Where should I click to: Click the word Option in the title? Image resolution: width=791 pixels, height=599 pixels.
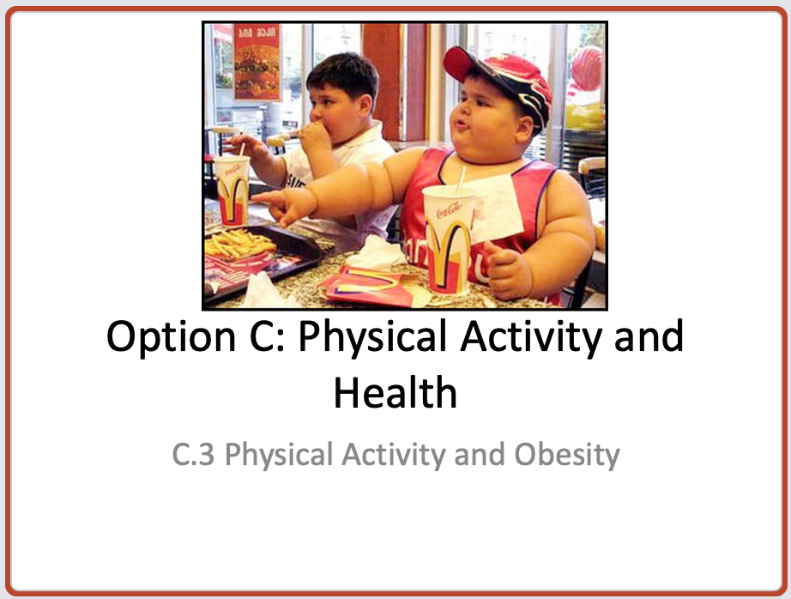[171, 337]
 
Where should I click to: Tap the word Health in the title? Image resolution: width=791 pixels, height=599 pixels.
[395, 392]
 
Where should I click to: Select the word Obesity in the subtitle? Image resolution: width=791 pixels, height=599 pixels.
[567, 456]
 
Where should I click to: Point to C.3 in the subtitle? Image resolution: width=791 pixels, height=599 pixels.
[193, 454]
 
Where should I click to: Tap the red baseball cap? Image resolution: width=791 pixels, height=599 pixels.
[499, 81]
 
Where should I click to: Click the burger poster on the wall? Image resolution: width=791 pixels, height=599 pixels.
[257, 62]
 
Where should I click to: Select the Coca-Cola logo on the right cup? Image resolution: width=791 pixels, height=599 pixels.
[449, 209]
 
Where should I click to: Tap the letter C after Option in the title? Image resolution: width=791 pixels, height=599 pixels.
[263, 336]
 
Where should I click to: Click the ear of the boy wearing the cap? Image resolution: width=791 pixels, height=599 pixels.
[524, 130]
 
